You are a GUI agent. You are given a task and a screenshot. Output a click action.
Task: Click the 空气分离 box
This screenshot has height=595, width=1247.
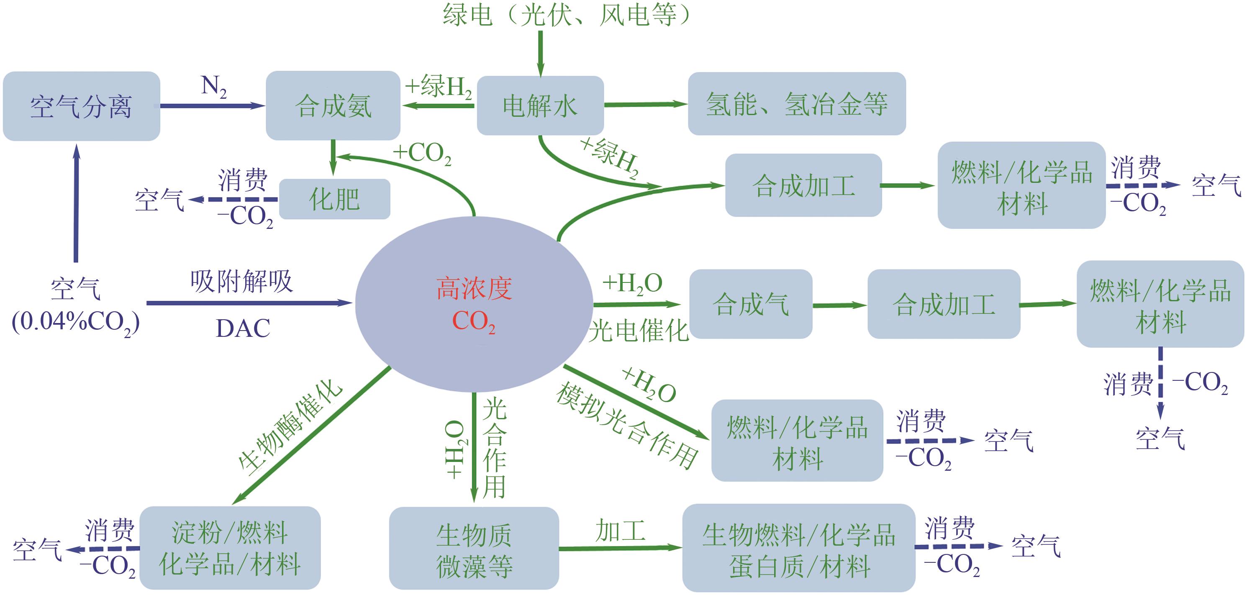click(x=81, y=106)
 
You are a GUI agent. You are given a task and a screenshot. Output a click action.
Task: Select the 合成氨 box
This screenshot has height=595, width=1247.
click(x=333, y=105)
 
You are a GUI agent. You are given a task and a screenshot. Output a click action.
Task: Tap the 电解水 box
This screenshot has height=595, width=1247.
click(x=540, y=105)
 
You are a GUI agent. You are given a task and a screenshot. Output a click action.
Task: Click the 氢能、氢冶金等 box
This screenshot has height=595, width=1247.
click(x=797, y=104)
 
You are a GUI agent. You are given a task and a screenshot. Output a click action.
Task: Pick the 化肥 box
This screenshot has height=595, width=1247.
click(x=334, y=199)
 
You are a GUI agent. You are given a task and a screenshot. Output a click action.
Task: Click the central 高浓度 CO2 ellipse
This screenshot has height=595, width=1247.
click(x=474, y=304)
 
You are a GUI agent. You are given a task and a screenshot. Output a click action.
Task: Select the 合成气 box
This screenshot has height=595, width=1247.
click(x=751, y=304)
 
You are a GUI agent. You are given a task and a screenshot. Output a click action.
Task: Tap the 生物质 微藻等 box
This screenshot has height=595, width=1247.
click(x=474, y=549)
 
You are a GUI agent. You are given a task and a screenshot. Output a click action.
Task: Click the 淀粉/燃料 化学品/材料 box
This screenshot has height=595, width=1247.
click(x=230, y=548)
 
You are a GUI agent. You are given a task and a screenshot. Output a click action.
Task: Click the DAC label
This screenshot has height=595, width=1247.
click(x=243, y=329)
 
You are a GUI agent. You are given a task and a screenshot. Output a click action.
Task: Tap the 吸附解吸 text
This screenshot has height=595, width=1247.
click(x=241, y=281)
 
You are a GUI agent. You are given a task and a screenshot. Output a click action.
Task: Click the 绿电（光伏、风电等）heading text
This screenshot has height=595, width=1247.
click(x=566, y=15)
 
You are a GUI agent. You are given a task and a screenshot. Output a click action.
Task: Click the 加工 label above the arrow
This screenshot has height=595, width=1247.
click(x=621, y=531)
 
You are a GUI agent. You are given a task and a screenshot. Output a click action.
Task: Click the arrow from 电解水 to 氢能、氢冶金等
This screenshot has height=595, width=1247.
click(x=646, y=104)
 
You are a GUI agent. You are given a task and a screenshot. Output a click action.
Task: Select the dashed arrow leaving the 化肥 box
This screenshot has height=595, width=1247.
click(x=235, y=200)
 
